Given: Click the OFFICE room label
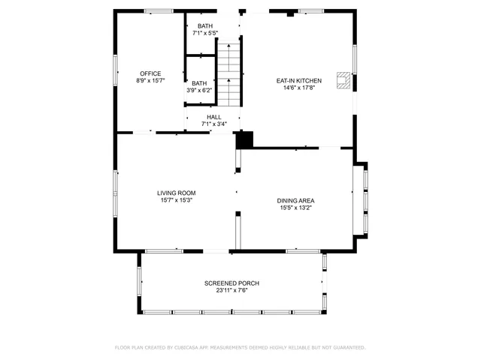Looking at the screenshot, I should tap(151, 73).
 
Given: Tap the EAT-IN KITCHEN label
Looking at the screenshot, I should tap(298, 80).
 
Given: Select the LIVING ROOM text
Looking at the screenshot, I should tap(176, 193).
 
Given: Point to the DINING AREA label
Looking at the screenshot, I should tap(295, 200).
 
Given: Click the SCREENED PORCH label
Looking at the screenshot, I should tap(231, 283).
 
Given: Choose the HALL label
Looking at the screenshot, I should tap(213, 117).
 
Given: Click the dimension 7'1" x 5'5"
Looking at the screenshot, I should tap(205, 33).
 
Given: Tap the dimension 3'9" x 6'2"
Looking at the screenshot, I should tap(199, 90).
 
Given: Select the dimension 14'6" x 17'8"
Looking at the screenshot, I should tap(298, 87).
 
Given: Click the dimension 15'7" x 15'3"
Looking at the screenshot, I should tap(176, 199).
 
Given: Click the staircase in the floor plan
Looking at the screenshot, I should tap(228, 73).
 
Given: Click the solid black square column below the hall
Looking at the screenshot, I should tap(244, 139).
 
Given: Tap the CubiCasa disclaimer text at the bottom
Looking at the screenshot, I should tap(240, 347).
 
